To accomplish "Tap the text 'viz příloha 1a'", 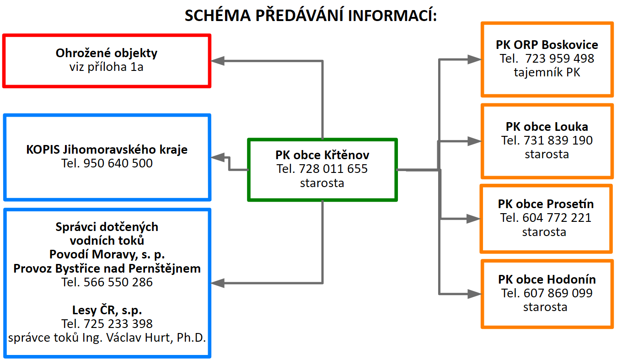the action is click(107, 67).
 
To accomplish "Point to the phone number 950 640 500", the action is click(118, 163).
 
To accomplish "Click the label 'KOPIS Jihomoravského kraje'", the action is click(107, 150).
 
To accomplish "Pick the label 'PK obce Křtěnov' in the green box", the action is click(322, 155).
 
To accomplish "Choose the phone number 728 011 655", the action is click(333, 169).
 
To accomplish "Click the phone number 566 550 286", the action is click(118, 282).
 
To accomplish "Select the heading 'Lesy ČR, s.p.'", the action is click(107, 310).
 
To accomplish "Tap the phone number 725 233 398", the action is click(118, 324).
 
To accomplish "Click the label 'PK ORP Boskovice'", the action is click(547, 45).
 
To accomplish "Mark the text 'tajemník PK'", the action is click(547, 72).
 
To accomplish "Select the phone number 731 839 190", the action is click(558, 140).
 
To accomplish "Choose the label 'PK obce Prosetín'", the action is click(546, 204).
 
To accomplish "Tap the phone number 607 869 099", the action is click(558, 293).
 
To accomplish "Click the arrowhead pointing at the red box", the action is click(218, 61).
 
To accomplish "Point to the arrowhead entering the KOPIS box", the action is click(218, 157).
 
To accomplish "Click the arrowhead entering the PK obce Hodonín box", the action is click(474, 294).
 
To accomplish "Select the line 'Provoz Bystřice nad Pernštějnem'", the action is click(107, 269).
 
